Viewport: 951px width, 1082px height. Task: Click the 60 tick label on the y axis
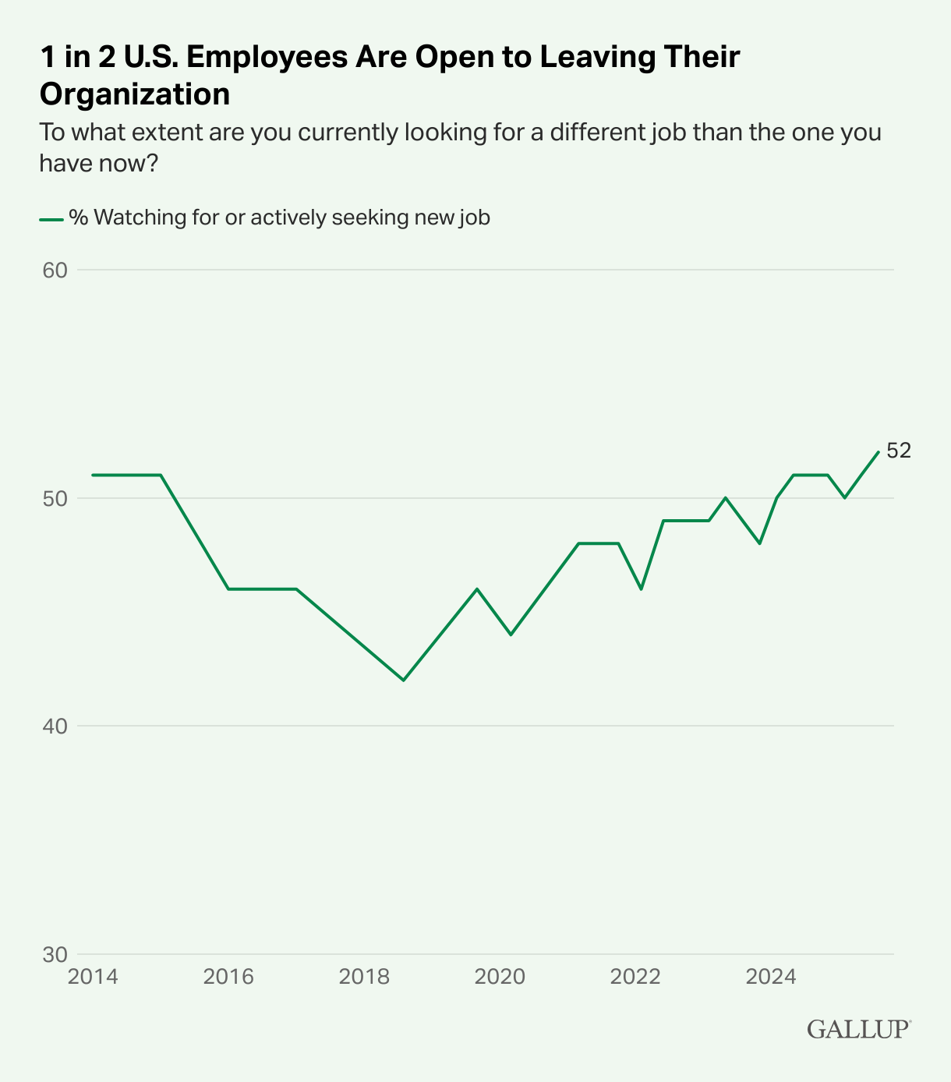55,270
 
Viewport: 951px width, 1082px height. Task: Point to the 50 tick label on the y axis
55,498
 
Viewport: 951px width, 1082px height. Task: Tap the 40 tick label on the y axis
55,727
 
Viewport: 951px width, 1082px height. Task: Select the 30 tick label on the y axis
55,954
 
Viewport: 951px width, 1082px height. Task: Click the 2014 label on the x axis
93,977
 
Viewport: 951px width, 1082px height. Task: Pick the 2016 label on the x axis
228,977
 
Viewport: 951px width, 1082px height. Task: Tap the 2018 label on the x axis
364,977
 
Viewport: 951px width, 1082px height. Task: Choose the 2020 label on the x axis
500,977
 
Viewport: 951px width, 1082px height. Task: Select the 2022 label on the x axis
635,977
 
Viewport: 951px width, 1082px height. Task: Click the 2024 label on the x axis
771,977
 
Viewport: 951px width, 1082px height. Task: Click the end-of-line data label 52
899,451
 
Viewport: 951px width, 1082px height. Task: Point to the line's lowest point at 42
404,681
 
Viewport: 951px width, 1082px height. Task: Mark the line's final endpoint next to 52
879,452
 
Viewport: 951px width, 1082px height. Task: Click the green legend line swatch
51,219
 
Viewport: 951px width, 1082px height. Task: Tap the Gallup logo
858,1029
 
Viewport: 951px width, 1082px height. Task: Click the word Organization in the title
135,94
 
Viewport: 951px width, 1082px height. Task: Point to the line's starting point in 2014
93,475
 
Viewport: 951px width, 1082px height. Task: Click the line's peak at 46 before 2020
477,589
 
